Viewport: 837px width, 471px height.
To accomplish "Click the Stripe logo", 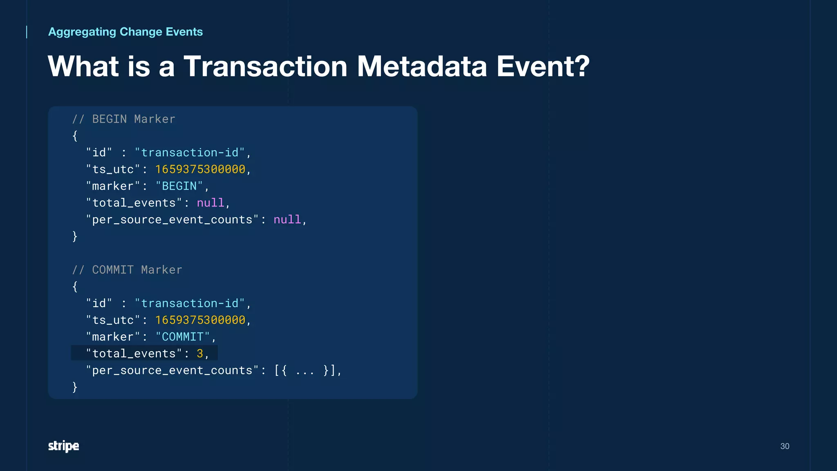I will (x=63, y=446).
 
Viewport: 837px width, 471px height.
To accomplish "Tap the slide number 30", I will (x=785, y=446).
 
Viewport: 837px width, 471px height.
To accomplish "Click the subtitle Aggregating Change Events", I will (x=125, y=32).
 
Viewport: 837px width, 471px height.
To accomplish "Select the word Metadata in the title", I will (x=422, y=66).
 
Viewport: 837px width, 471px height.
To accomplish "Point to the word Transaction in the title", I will (x=265, y=66).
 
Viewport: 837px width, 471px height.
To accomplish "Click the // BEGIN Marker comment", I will (x=123, y=119).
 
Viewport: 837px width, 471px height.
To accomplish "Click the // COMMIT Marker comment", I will (x=127, y=270).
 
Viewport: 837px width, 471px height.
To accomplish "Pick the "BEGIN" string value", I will (x=179, y=186).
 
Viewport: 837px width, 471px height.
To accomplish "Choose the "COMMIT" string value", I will (x=183, y=337).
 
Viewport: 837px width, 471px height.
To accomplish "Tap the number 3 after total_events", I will (x=200, y=354).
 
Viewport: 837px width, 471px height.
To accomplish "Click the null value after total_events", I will (x=210, y=203).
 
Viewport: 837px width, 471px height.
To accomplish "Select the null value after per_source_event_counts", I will (x=287, y=220).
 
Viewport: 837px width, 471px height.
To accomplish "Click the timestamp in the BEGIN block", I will (x=200, y=169).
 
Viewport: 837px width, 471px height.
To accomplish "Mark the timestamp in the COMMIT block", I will (x=200, y=320).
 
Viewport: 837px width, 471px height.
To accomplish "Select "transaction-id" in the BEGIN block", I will (x=190, y=153).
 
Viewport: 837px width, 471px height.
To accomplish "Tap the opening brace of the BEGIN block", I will (x=75, y=136).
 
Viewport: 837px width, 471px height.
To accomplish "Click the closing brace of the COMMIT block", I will (x=75, y=387).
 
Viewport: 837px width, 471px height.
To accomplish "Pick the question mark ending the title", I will (x=581, y=66).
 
